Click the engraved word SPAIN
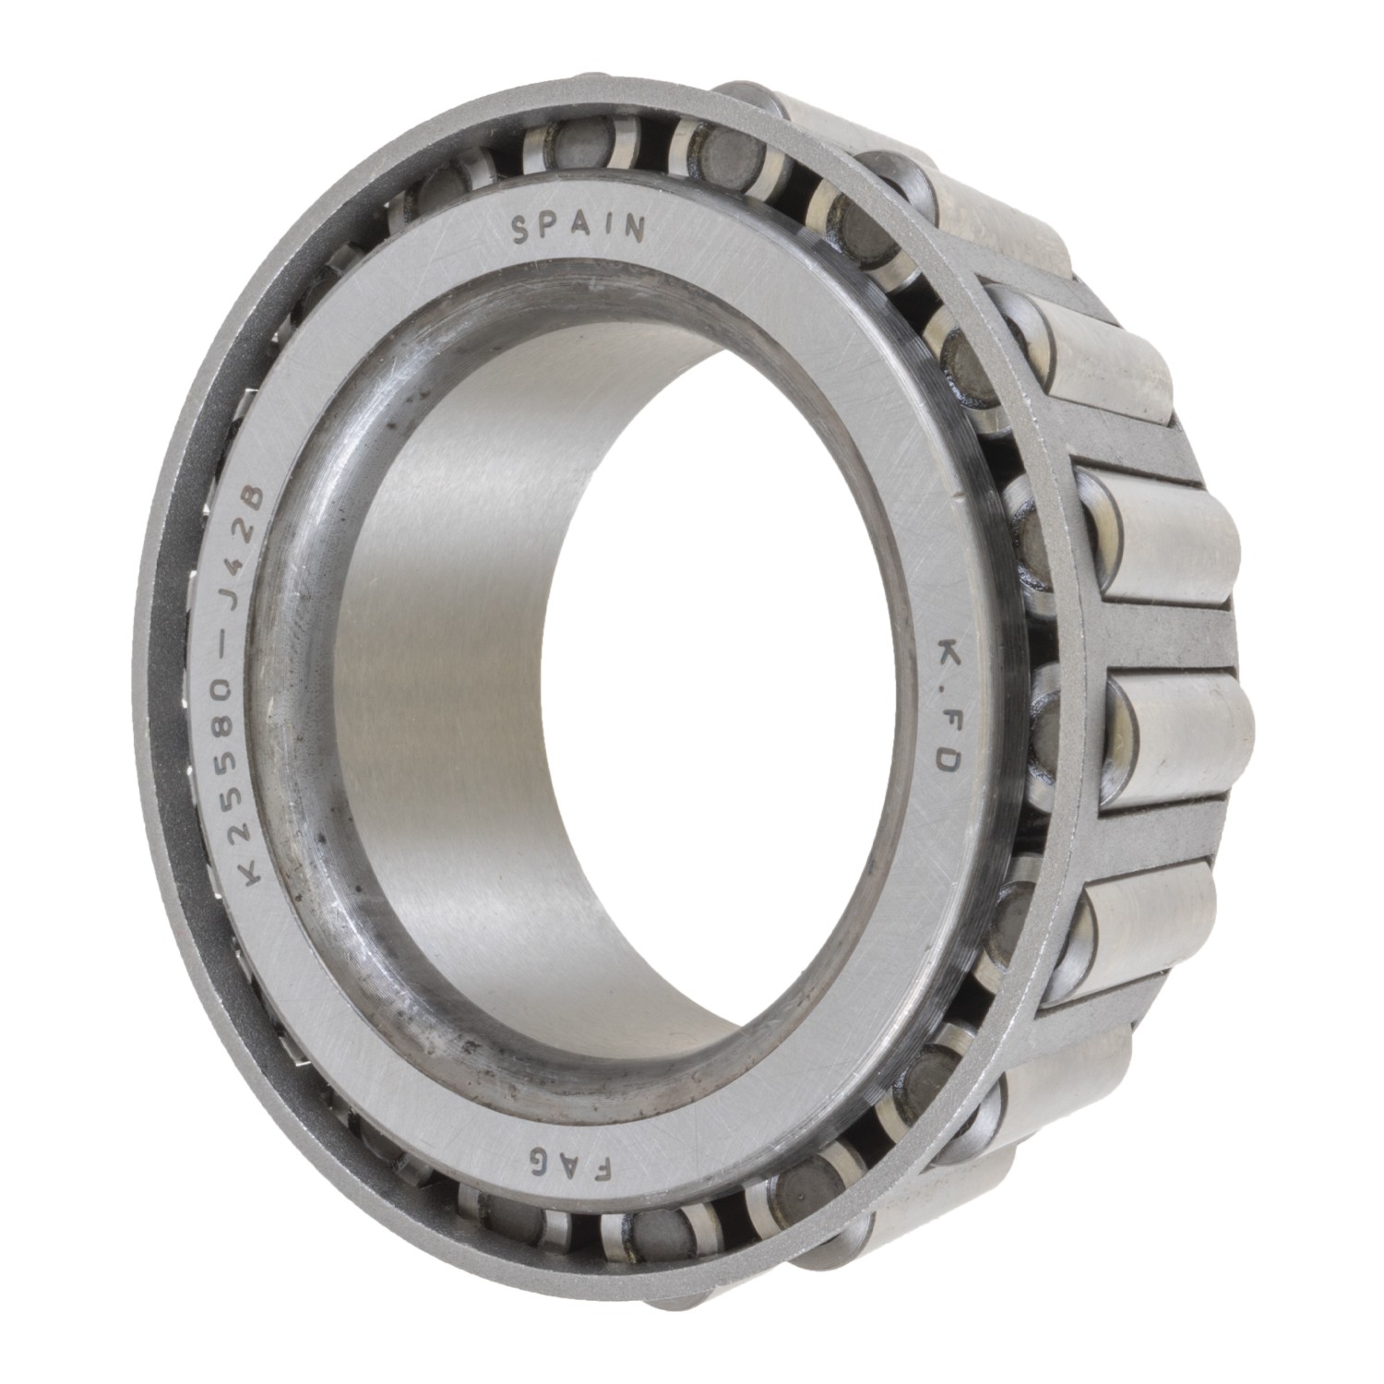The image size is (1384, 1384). [578, 228]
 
